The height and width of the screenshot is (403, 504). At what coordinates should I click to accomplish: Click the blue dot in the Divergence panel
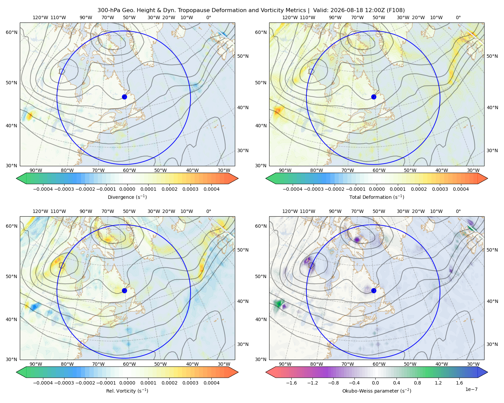pyautogui.click(x=124, y=97)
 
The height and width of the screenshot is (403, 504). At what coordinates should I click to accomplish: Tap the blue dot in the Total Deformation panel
pyautogui.click(x=374, y=97)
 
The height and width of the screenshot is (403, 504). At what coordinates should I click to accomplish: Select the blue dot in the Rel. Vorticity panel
pyautogui.click(x=124, y=290)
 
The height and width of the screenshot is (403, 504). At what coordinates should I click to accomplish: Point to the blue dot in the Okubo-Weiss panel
pyautogui.click(x=374, y=290)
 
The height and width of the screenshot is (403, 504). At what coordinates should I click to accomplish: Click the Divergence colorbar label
pyautogui.click(x=127, y=197)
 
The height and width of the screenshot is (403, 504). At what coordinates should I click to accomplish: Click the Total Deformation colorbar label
pyautogui.click(x=377, y=197)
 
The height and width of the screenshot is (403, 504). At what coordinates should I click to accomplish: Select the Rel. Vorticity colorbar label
pyautogui.click(x=127, y=391)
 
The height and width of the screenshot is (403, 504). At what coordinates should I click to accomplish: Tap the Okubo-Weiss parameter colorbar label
pyautogui.click(x=377, y=391)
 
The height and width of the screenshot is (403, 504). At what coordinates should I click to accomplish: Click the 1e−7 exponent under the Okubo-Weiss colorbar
pyautogui.click(x=471, y=389)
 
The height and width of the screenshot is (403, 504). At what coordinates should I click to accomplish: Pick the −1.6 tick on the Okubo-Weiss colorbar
pyautogui.click(x=291, y=383)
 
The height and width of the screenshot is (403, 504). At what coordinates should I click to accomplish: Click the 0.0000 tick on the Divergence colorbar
pyautogui.click(x=127, y=189)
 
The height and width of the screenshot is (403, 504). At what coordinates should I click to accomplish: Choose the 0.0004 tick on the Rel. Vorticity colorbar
pyautogui.click(x=211, y=383)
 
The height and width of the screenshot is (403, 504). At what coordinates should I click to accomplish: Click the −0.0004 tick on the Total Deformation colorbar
pyautogui.click(x=293, y=189)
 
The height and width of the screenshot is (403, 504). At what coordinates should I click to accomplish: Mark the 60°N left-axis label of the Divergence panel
pyautogui.click(x=11, y=32)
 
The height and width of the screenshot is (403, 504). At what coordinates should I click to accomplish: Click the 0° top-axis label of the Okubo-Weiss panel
pyautogui.click(x=458, y=211)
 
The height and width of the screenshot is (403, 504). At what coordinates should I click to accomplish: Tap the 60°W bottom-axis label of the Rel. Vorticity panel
pyautogui.click(x=129, y=364)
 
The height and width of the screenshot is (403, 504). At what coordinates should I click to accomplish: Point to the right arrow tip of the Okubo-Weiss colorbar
pyautogui.click(x=488, y=372)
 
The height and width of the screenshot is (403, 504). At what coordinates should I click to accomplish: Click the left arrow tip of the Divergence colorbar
pyautogui.click(x=16, y=178)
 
